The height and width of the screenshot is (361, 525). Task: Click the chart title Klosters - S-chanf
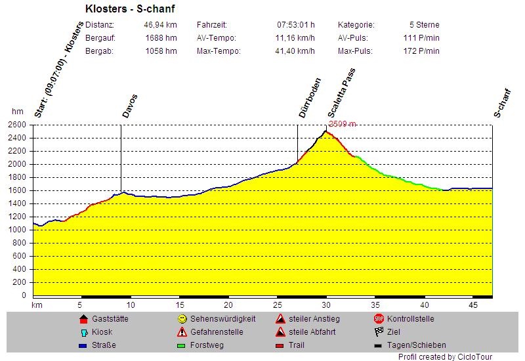pyautogui.click(x=130, y=9)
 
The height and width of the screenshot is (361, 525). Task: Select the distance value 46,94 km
pyautogui.click(x=161, y=25)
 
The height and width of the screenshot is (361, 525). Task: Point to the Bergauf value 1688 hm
pyautogui.click(x=161, y=38)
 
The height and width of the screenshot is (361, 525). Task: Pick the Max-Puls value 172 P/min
pyautogui.click(x=421, y=51)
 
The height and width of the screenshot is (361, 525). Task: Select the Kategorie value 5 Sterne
pyautogui.click(x=424, y=25)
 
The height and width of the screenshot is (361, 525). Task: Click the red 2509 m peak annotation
pyautogui.click(x=342, y=124)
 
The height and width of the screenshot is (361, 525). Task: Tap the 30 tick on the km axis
pyautogui.click(x=326, y=305)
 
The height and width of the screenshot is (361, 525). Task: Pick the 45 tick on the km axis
pyautogui.click(x=473, y=305)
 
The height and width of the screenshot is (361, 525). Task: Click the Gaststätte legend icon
pyautogui.click(x=83, y=319)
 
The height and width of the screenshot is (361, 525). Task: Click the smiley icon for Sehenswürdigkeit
pyautogui.click(x=182, y=319)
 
